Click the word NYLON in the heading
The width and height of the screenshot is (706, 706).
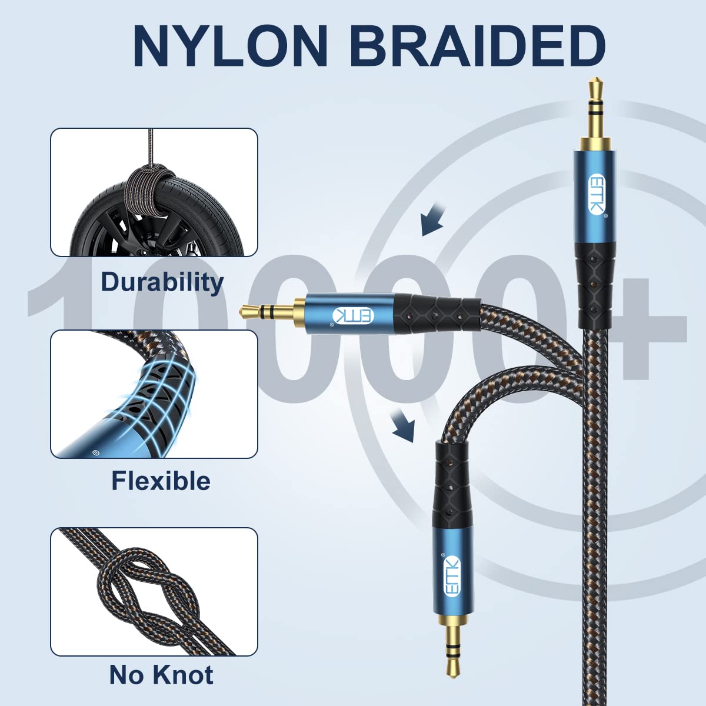click(x=231, y=46)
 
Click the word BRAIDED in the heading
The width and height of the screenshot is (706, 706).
click(x=477, y=46)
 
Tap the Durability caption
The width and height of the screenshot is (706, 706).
click(x=162, y=282)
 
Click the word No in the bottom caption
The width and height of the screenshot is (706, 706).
click(x=126, y=674)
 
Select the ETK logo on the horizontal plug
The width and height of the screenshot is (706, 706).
click(x=353, y=316)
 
